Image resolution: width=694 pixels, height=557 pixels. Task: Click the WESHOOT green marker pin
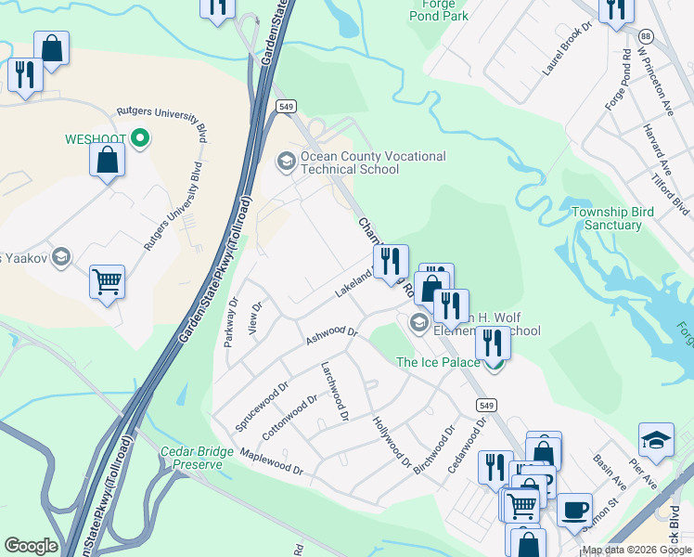click(140, 139)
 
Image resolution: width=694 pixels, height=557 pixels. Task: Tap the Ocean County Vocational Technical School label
click(362, 163)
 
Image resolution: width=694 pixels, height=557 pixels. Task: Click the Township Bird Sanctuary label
click(612, 218)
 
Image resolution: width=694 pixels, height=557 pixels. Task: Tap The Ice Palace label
click(433, 362)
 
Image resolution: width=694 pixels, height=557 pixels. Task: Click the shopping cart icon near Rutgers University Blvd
click(107, 280)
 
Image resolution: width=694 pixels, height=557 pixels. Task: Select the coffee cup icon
click(574, 509)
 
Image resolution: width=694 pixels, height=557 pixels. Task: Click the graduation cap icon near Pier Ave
click(655, 441)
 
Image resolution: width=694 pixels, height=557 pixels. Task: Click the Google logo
click(31, 546)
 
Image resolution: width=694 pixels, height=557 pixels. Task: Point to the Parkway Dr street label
click(230, 322)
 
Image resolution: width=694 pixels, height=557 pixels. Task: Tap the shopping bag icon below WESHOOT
click(108, 160)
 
